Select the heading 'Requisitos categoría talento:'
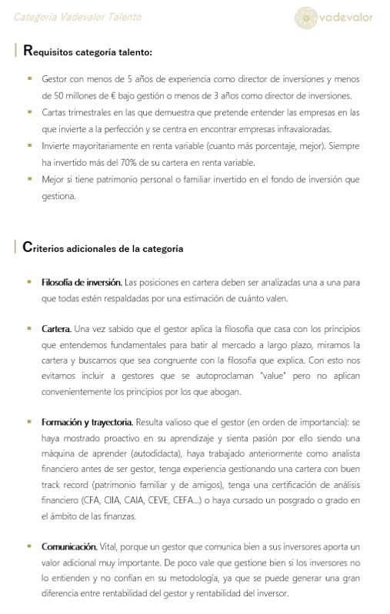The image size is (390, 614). tap(88, 52)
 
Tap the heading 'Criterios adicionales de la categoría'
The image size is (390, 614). tap(103, 247)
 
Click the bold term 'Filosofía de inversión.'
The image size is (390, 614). tap(82, 283)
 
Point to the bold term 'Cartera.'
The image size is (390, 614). tap(56, 329)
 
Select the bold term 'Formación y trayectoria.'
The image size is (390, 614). tap(87, 422)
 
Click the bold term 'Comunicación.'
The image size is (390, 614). tap(68, 546)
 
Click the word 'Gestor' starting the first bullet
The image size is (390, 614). tap(55, 79)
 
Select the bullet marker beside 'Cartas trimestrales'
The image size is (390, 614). tap(29, 112)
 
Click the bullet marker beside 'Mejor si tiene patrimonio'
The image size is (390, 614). tap(29, 178)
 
